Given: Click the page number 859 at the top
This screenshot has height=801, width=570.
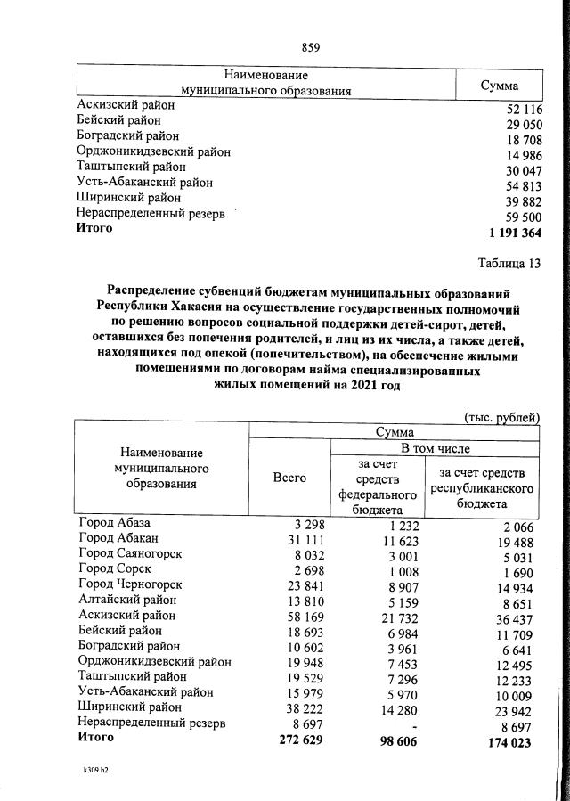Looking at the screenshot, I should point(311,47).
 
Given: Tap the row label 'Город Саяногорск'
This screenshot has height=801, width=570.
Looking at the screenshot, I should point(130,554).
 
